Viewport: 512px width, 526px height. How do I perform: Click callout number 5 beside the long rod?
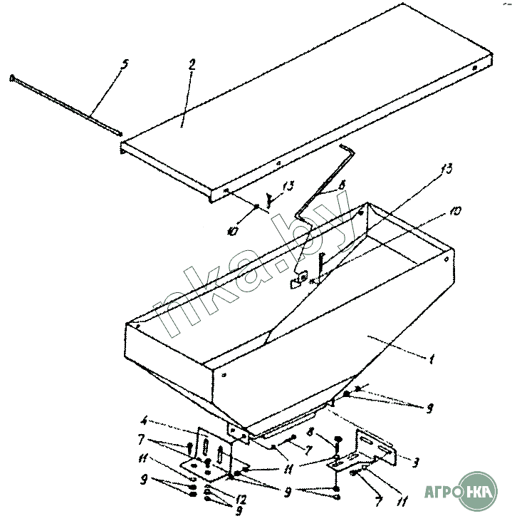pyautogui.click(x=125, y=63)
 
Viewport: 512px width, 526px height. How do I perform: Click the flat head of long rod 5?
pyautogui.click(x=12, y=77)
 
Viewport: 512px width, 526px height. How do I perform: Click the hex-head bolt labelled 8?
pyautogui.click(x=337, y=440)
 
